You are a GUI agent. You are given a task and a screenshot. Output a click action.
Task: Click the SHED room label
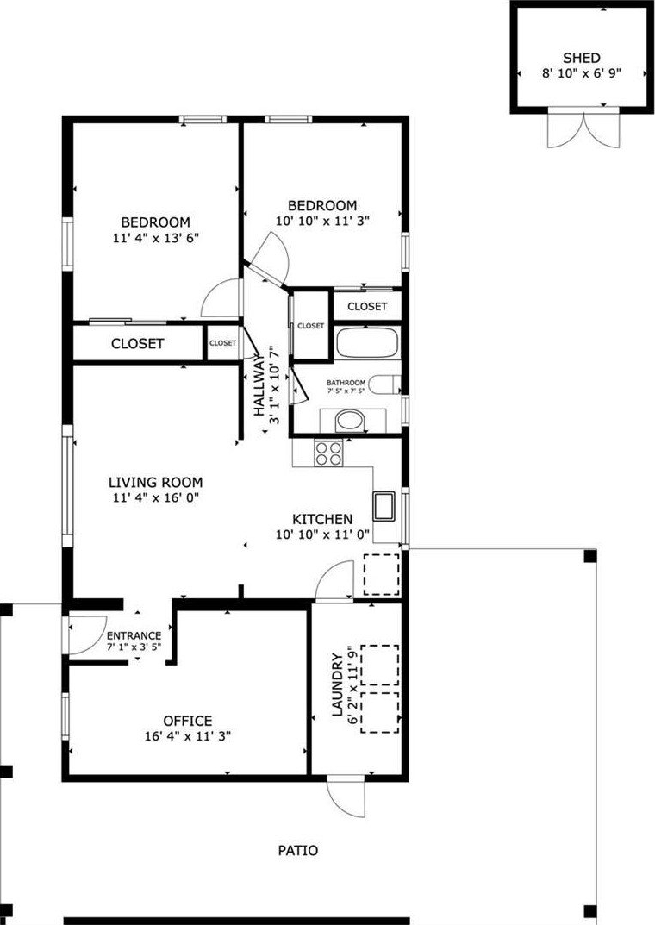pyautogui.click(x=581, y=58)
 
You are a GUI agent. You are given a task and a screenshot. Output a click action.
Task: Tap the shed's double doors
pyautogui.click(x=583, y=128)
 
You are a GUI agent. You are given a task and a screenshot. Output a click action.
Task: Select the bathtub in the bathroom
pyautogui.click(x=366, y=343)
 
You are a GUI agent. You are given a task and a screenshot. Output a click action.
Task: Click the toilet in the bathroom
pyautogui.click(x=389, y=384)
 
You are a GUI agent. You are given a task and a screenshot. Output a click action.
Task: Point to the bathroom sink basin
pyautogui.click(x=350, y=422)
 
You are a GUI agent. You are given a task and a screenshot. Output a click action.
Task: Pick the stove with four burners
pyautogui.click(x=328, y=453)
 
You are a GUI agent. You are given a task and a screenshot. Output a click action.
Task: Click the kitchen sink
pyautogui.click(x=384, y=505)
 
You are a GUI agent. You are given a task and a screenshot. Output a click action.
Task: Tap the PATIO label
pyautogui.click(x=297, y=850)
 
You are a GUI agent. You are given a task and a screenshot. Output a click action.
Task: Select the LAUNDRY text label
pyautogui.click(x=337, y=684)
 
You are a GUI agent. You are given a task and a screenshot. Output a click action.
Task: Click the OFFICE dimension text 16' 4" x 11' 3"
pyautogui.click(x=188, y=736)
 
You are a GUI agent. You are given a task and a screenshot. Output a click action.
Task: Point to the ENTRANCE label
pyautogui.click(x=134, y=635)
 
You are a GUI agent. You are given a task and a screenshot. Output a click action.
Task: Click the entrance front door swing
pyautogui.click(x=87, y=635)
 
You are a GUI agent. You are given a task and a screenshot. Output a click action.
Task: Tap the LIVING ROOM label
pyautogui.click(x=156, y=482)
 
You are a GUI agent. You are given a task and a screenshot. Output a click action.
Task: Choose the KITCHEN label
pyautogui.click(x=322, y=519)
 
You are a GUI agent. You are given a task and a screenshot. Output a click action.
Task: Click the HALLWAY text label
pyautogui.click(x=259, y=385)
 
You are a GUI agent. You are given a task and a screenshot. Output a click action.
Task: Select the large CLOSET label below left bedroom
pyautogui.click(x=137, y=343)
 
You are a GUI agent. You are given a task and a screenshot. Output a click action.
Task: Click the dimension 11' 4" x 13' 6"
pyautogui.click(x=156, y=238)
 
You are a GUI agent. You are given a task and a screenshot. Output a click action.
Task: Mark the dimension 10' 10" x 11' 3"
pyautogui.click(x=322, y=222)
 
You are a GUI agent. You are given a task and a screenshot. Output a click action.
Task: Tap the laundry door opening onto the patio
pyautogui.click(x=346, y=798)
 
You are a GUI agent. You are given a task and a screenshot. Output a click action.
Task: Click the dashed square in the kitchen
pyautogui.click(x=382, y=574)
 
